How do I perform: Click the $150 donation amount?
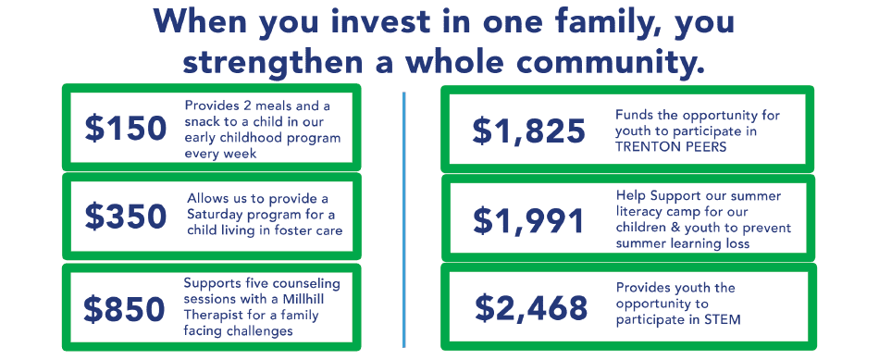(x=126, y=129)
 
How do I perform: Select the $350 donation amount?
(x=126, y=217)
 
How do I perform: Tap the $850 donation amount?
(x=125, y=309)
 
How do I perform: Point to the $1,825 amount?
(x=528, y=130)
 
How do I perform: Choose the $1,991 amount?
(x=528, y=220)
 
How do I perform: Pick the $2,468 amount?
(x=531, y=307)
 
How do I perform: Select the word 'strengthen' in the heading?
(x=272, y=62)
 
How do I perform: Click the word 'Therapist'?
(x=211, y=316)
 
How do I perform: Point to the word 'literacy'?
(x=639, y=213)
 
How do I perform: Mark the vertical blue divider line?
(x=403, y=220)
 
